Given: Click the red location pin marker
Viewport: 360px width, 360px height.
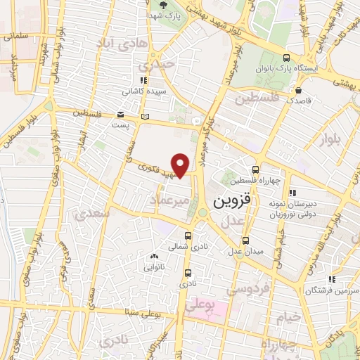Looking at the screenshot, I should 181,165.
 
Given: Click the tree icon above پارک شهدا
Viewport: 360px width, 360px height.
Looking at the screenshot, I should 164,5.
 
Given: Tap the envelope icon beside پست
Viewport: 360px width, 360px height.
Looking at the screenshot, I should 121,115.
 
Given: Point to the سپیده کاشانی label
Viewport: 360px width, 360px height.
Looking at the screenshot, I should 141,91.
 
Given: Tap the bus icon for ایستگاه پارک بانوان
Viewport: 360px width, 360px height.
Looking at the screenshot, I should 285,58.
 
